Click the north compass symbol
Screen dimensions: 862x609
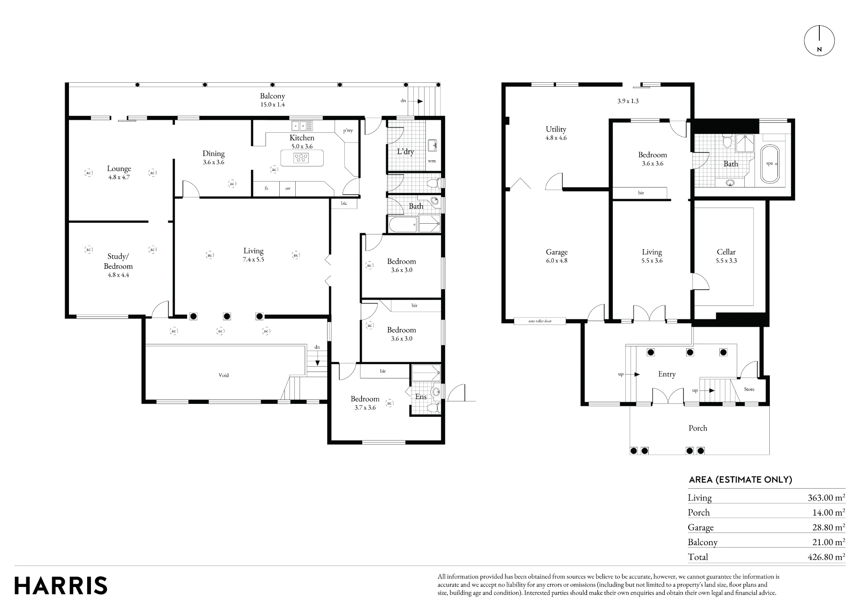pyautogui.click(x=819, y=41)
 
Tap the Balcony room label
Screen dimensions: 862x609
pyautogui.click(x=272, y=96)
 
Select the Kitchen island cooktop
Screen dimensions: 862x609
pyautogui.click(x=301, y=158)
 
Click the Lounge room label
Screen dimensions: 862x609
pyautogui.click(x=119, y=169)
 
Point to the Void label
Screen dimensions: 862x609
pyautogui.click(x=224, y=375)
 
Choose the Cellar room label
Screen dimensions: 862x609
pyautogui.click(x=726, y=252)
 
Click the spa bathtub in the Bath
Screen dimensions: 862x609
pyautogui.click(x=770, y=164)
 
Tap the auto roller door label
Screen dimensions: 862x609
pyautogui.click(x=540, y=321)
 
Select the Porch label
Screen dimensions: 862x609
pyautogui.click(x=698, y=428)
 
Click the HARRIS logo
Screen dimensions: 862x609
pyautogui.click(x=61, y=586)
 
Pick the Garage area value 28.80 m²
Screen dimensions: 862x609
pyautogui.click(x=828, y=527)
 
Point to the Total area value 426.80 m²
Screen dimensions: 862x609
pyautogui.click(x=826, y=557)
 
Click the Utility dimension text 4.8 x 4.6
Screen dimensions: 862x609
pyautogui.click(x=556, y=138)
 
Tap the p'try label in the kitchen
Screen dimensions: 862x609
pyautogui.click(x=348, y=131)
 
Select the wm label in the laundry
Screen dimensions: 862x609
pyautogui.click(x=432, y=161)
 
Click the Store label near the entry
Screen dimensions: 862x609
pyautogui.click(x=750, y=389)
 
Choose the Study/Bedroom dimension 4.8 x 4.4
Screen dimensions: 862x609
pyautogui.click(x=118, y=275)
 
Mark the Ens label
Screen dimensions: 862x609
pyautogui.click(x=421, y=397)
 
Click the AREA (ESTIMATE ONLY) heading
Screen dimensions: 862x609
pyautogui.click(x=740, y=480)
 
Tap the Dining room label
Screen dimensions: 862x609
pyautogui.click(x=213, y=153)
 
